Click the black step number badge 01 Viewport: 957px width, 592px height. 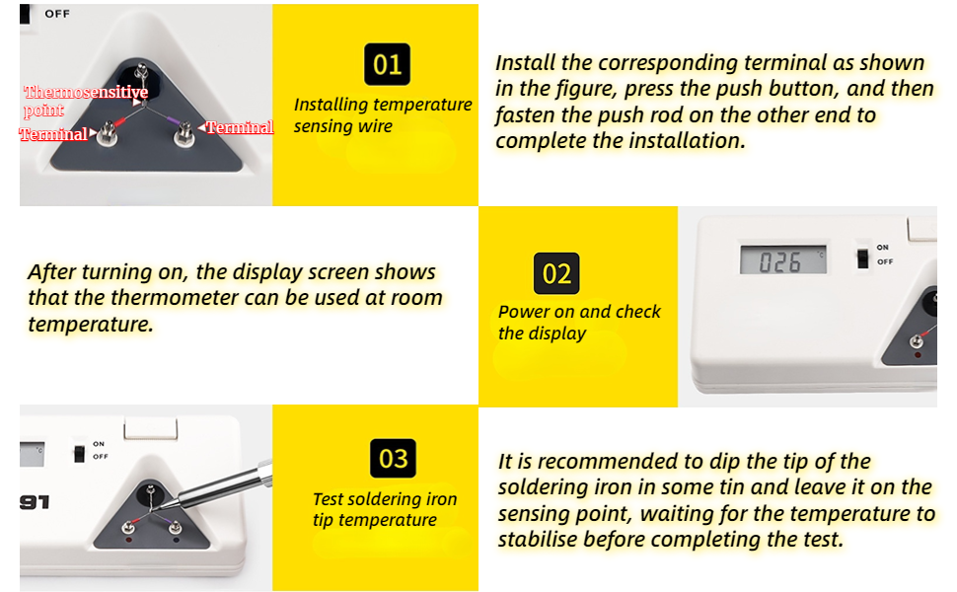coord(387,64)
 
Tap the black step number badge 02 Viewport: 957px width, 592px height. coord(556,273)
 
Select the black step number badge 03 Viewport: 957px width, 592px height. coord(393,459)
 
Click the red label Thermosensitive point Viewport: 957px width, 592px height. coord(86,101)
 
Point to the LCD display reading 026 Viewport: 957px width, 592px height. coord(783,260)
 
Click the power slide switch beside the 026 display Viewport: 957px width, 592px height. coord(862,259)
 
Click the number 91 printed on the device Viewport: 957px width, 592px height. coord(35,502)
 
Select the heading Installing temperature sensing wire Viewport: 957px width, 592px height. coord(383,114)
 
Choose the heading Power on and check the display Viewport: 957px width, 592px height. coord(579,323)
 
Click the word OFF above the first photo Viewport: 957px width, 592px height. coord(57,14)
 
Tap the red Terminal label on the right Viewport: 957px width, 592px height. coord(239,127)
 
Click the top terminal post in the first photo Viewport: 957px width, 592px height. coord(142,72)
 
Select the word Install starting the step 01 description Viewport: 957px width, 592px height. coord(525,63)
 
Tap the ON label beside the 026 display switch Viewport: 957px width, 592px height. coord(883,248)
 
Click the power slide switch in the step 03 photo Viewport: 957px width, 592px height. coord(79,454)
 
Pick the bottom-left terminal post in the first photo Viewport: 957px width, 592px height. coord(108,132)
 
